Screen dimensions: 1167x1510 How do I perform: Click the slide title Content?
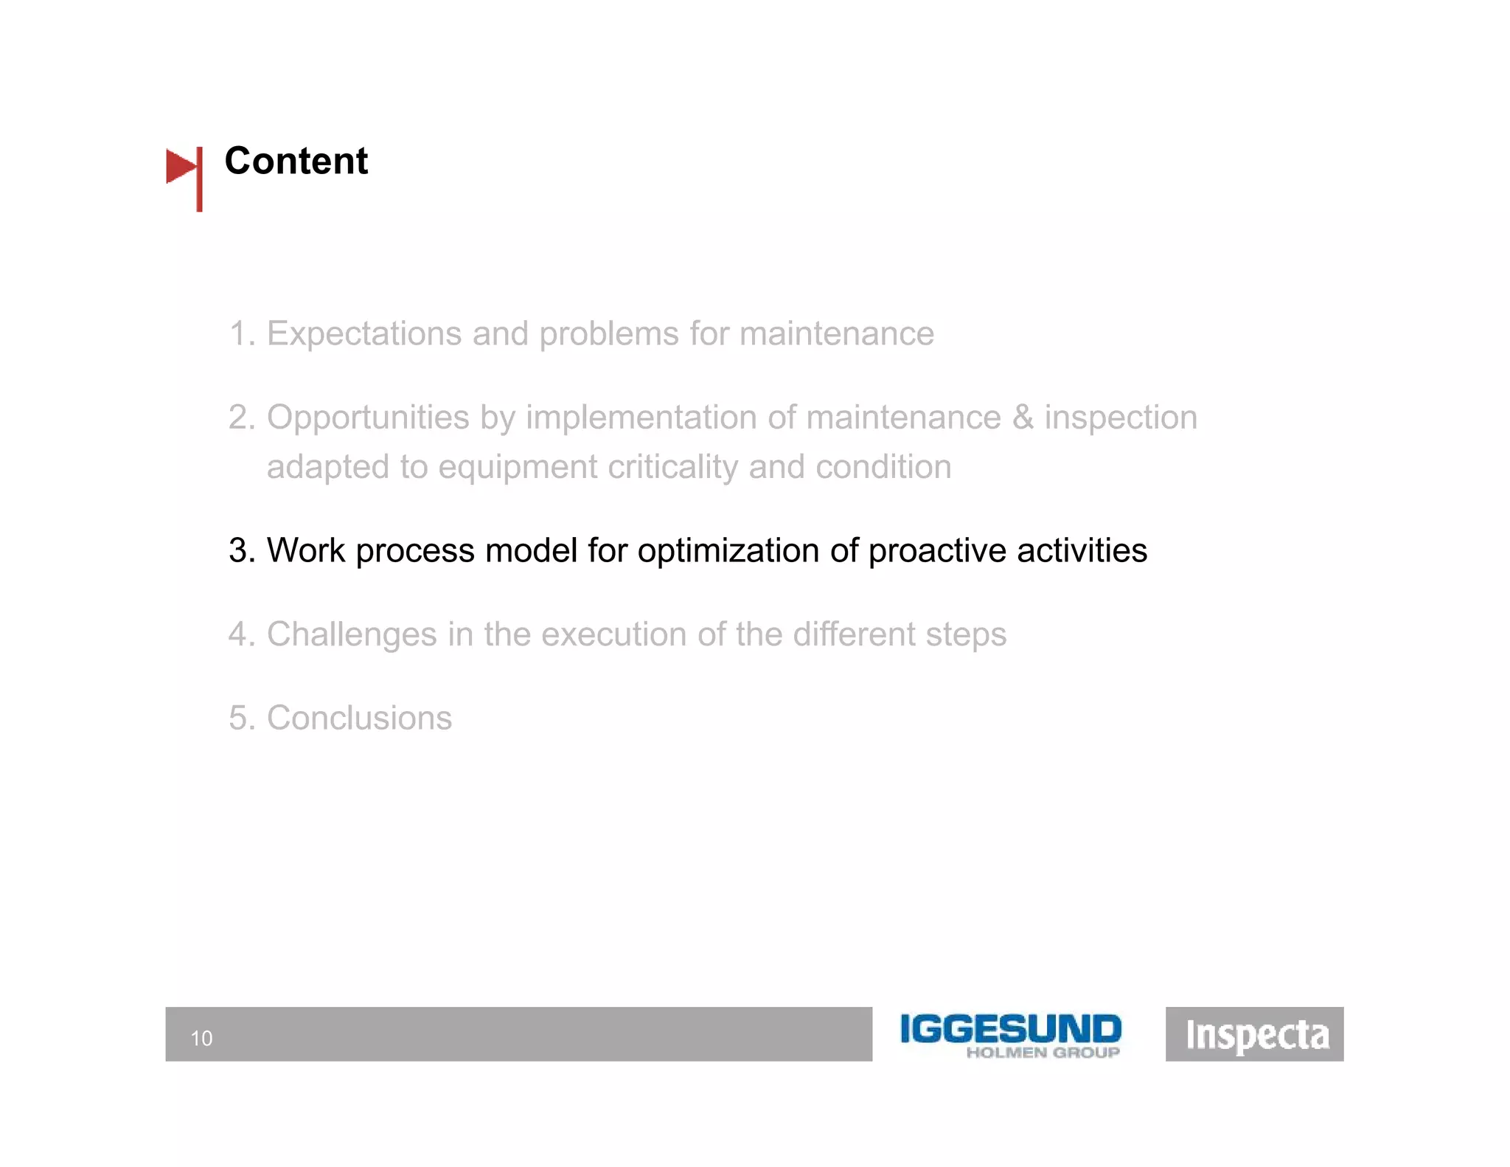pyautogui.click(x=296, y=161)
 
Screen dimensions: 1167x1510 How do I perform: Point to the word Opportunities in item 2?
pyautogui.click(x=367, y=418)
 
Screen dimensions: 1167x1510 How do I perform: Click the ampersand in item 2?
pyautogui.click(x=1023, y=418)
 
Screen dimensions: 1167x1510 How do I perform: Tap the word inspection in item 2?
pyautogui.click(x=1121, y=418)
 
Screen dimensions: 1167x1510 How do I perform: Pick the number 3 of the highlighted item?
pyautogui.click(x=237, y=551)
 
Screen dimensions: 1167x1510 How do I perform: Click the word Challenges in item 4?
pyautogui.click(x=352, y=635)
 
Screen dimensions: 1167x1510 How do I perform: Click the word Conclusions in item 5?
pyautogui.click(x=359, y=718)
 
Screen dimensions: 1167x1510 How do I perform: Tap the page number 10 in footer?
pyautogui.click(x=201, y=1038)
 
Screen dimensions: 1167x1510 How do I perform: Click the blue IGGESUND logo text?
pyautogui.click(x=1010, y=1028)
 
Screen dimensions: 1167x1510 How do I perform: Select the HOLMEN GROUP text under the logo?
pyautogui.click(x=1043, y=1053)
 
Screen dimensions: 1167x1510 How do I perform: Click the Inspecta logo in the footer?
pyautogui.click(x=1255, y=1034)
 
